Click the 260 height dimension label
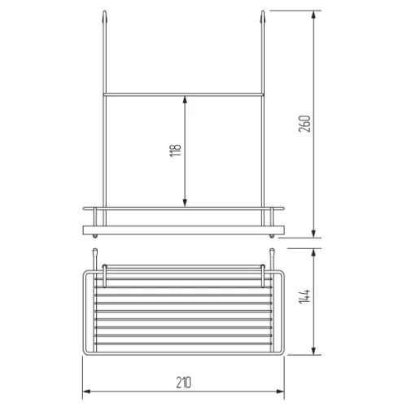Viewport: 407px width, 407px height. (x=304, y=124)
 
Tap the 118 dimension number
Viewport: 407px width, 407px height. (x=175, y=151)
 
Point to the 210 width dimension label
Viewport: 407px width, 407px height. (x=184, y=383)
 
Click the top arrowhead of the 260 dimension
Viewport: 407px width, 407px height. (x=313, y=15)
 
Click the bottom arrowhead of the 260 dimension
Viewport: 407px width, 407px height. (x=313, y=234)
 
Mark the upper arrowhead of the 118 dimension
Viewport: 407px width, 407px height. (x=185, y=100)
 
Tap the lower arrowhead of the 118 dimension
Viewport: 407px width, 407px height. (x=185, y=203)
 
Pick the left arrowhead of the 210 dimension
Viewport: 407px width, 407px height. (x=86, y=392)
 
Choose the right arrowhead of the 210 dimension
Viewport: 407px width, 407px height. (x=280, y=392)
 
